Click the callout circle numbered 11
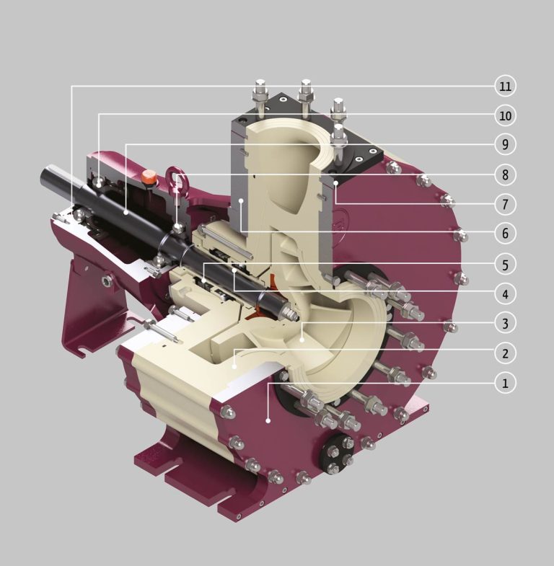click(506, 86)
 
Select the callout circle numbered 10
click(506, 115)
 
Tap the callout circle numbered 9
click(506, 145)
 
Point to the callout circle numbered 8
click(506, 174)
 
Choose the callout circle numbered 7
click(506, 204)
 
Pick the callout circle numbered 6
click(506, 234)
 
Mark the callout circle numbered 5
click(506, 265)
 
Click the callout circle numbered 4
click(506, 294)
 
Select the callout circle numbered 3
click(506, 324)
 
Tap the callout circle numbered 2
click(506, 353)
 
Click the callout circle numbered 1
click(506, 383)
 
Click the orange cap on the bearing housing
click(149, 176)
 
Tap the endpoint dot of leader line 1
click(268, 419)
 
